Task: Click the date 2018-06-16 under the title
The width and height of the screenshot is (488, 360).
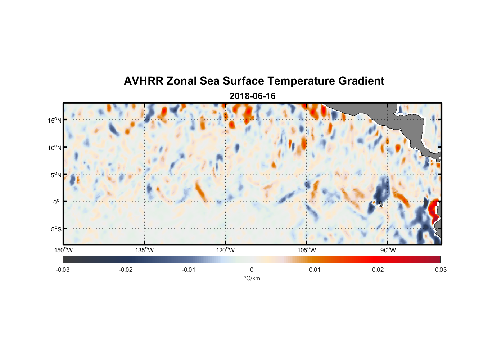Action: pyautogui.click(x=252, y=96)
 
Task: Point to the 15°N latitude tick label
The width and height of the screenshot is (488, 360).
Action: pyautogui.click(x=55, y=120)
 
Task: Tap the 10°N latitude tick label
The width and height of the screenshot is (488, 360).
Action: pyautogui.click(x=55, y=148)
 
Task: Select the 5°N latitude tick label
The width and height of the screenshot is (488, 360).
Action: pyautogui.click(x=56, y=175)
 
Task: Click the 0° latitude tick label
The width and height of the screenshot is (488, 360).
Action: pyautogui.click(x=57, y=202)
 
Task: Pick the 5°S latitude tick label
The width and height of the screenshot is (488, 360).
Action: pyautogui.click(x=56, y=229)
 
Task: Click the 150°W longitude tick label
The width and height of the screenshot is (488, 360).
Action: pyautogui.click(x=63, y=250)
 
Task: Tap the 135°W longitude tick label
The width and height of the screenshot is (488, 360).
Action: pyautogui.click(x=144, y=250)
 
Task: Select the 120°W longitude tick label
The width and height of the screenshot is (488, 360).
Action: pyautogui.click(x=225, y=250)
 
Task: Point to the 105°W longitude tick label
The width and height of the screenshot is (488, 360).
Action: pyautogui.click(x=307, y=250)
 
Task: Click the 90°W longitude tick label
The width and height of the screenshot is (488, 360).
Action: pyautogui.click(x=388, y=250)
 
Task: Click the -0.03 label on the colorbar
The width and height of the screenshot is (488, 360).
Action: pyautogui.click(x=63, y=270)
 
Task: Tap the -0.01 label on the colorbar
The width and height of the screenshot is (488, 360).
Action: pyautogui.click(x=189, y=270)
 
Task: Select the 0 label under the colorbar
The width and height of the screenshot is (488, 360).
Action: pyautogui.click(x=252, y=270)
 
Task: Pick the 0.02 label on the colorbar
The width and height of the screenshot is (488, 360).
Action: pyautogui.click(x=378, y=270)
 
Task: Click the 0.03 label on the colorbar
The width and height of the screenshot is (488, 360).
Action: pyautogui.click(x=440, y=270)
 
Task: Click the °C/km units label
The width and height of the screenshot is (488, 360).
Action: pyautogui.click(x=252, y=278)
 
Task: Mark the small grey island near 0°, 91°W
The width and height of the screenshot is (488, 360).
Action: pyautogui.click(x=380, y=204)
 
